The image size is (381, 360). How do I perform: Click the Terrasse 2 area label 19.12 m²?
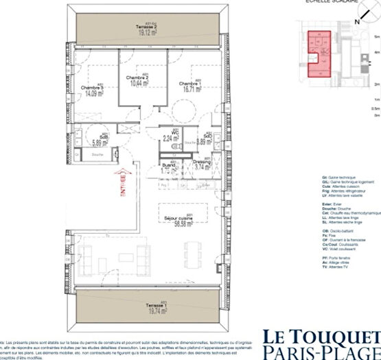pos(146,32)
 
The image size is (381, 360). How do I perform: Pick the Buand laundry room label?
pos(167,166)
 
